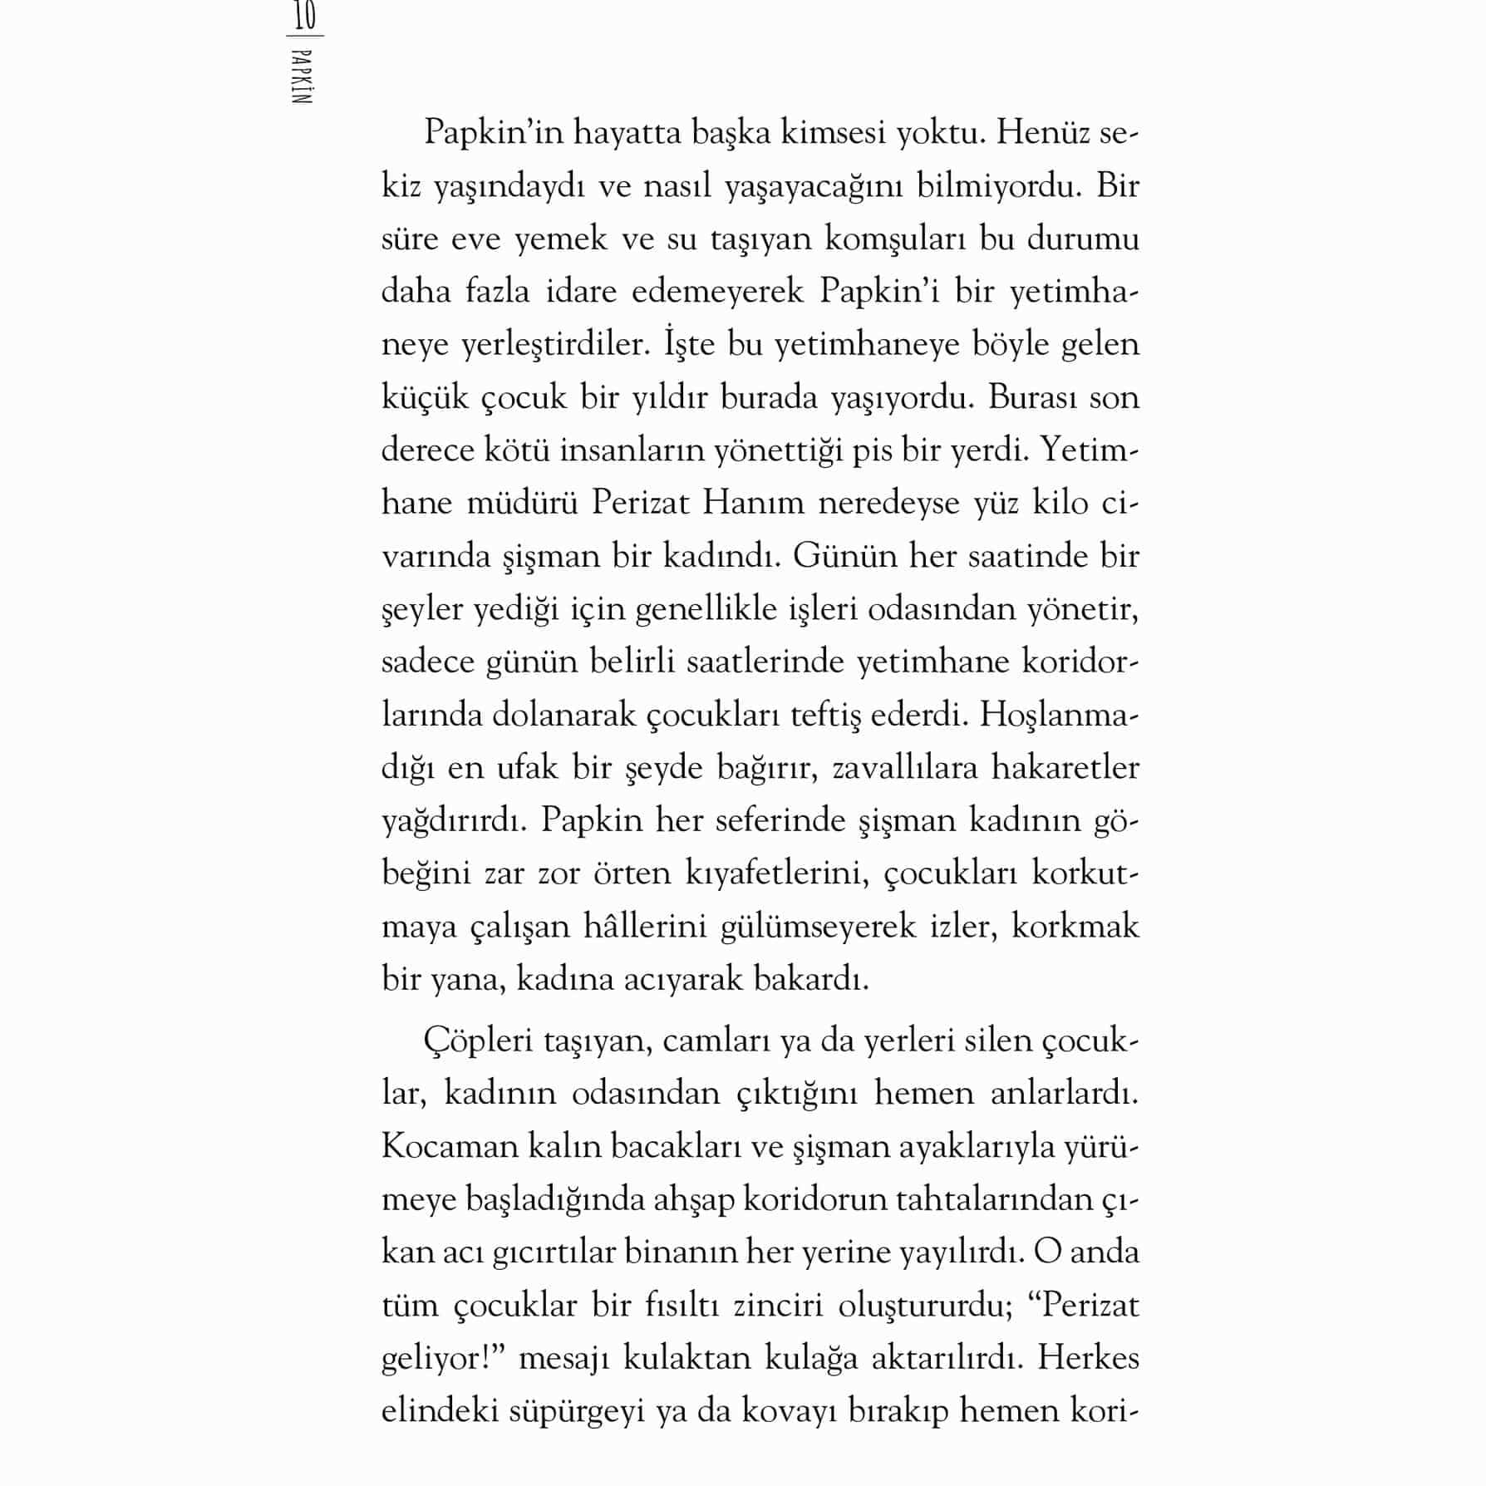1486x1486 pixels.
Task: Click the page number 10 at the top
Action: tap(305, 16)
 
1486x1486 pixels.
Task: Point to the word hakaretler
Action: tap(1065, 768)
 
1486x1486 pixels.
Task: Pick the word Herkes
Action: tap(1088, 1358)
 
